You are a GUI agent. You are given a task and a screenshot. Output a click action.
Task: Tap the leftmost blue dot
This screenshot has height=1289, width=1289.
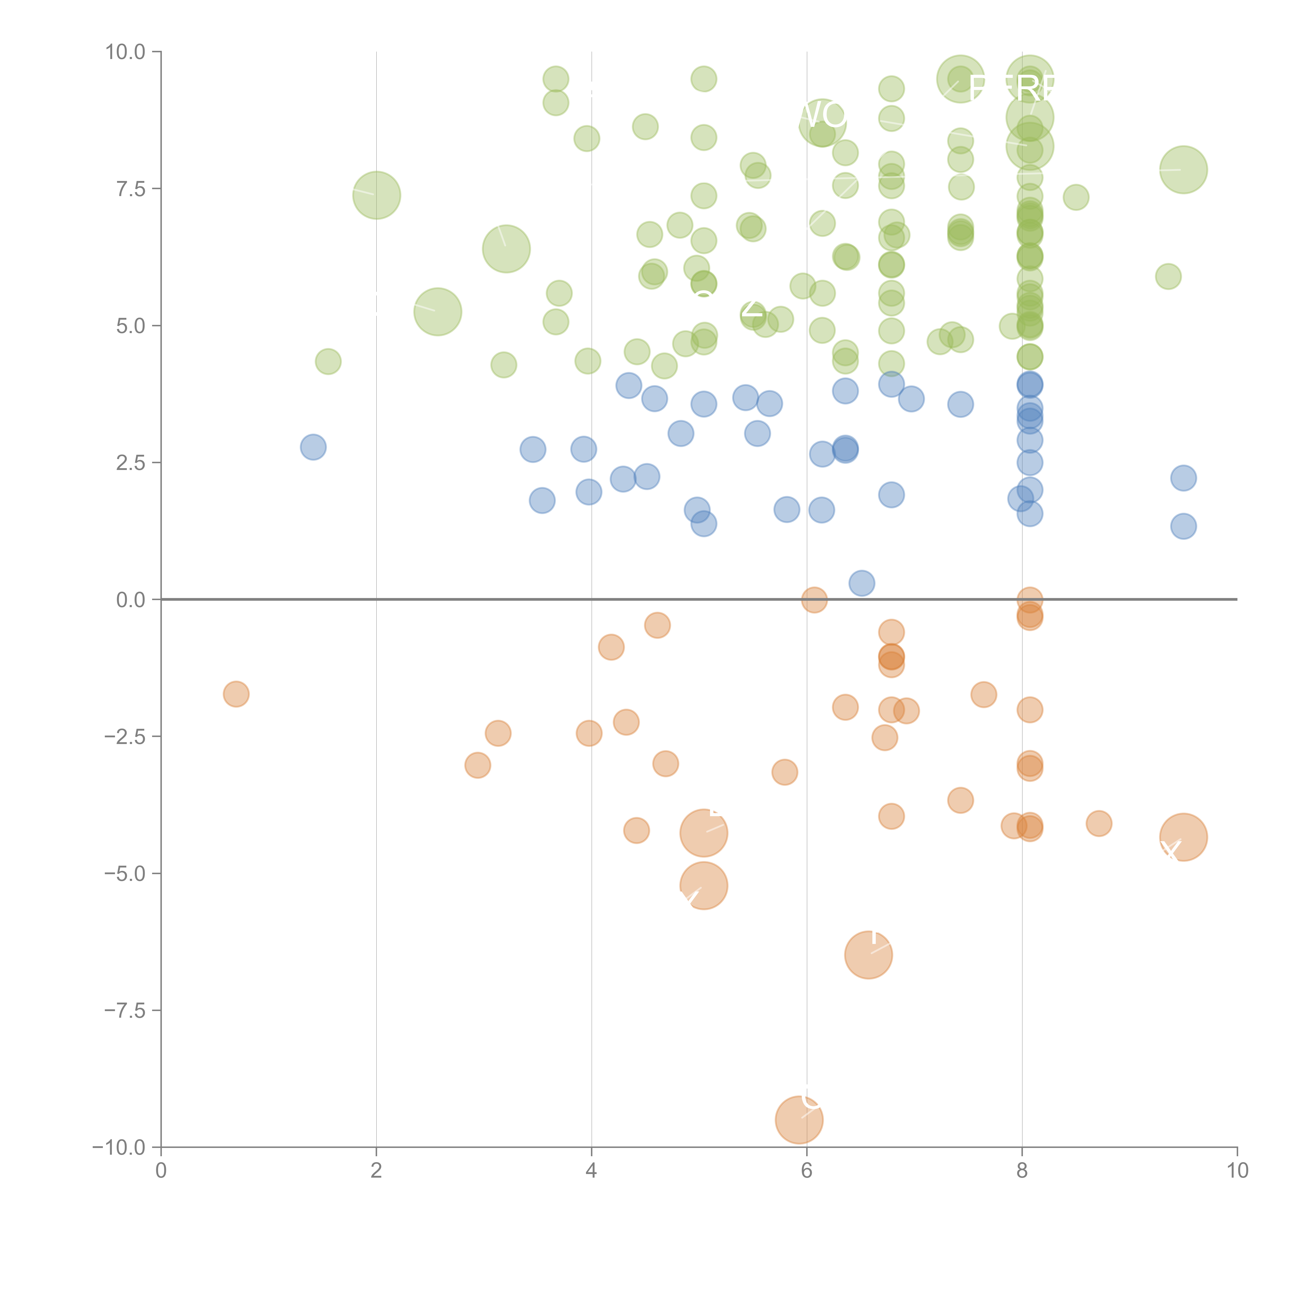[x=313, y=447]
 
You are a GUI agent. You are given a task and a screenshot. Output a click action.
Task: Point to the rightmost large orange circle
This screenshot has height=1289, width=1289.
[x=1183, y=837]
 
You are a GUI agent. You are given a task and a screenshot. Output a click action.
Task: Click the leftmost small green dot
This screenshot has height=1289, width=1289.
[x=328, y=362]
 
